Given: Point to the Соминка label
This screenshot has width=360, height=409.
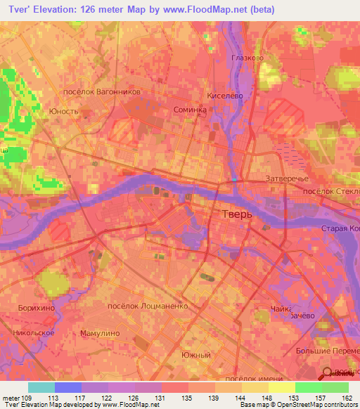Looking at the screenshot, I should point(189,110).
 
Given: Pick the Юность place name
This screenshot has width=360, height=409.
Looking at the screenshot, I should point(63,111).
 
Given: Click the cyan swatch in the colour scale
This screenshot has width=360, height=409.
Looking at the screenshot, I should point(41,387).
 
